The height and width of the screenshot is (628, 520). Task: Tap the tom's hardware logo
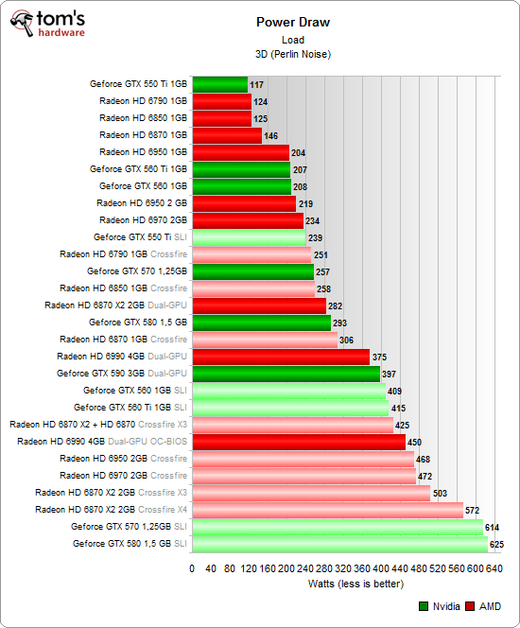point(46,26)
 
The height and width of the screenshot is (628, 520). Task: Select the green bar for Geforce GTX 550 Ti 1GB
point(219,84)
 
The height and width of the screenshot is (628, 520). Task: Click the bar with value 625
point(339,544)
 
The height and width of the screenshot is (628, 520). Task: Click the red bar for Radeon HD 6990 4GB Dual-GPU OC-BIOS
point(299,442)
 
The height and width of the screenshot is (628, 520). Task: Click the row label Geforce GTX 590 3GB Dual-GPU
point(122,374)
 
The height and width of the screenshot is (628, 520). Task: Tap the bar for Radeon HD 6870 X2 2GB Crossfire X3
point(311,493)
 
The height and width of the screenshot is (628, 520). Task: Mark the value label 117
point(257,85)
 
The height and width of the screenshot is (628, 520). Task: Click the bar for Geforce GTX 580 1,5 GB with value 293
point(261,323)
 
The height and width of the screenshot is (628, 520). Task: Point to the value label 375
point(380,358)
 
